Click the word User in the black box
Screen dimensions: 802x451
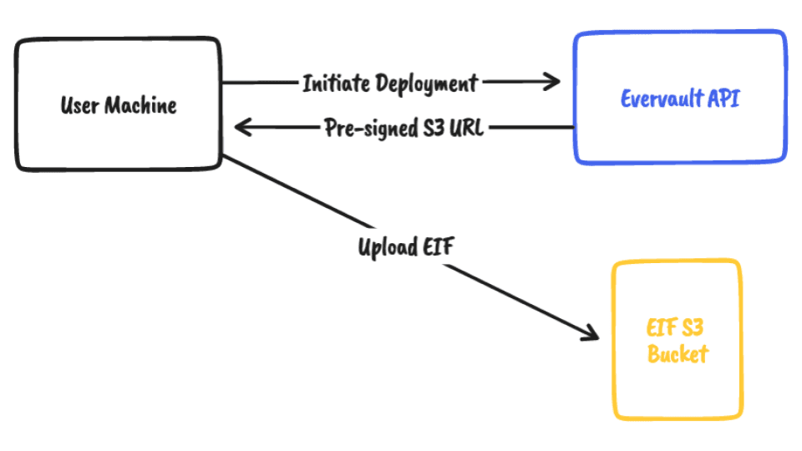(80, 105)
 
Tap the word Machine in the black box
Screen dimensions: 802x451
(140, 105)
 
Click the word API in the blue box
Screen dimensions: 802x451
(723, 99)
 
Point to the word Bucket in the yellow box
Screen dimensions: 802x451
(678, 353)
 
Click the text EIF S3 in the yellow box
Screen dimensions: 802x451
(675, 327)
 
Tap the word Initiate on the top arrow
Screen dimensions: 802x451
(336, 84)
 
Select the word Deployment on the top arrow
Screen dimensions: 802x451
(427, 84)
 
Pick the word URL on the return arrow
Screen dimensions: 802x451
(466, 127)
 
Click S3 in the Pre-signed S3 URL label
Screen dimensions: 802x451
(434, 127)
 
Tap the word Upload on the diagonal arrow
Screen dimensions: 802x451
(387, 247)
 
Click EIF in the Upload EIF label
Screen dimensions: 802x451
(438, 246)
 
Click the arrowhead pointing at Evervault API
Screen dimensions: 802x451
(552, 81)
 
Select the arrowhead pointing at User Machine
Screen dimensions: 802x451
(242, 127)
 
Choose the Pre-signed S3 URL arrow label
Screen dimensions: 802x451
(404, 128)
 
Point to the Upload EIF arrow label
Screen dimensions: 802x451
(406, 247)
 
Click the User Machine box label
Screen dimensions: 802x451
(119, 105)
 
